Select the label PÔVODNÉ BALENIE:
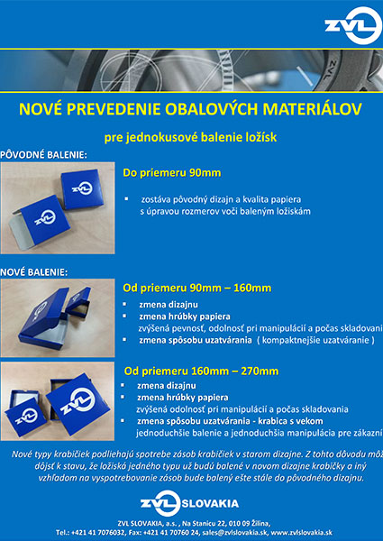[44, 154]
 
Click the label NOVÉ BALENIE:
[34, 271]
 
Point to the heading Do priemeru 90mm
[172, 171]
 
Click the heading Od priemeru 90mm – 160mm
[196, 289]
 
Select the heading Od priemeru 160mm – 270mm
[201, 371]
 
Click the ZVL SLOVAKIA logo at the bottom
[190, 502]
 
